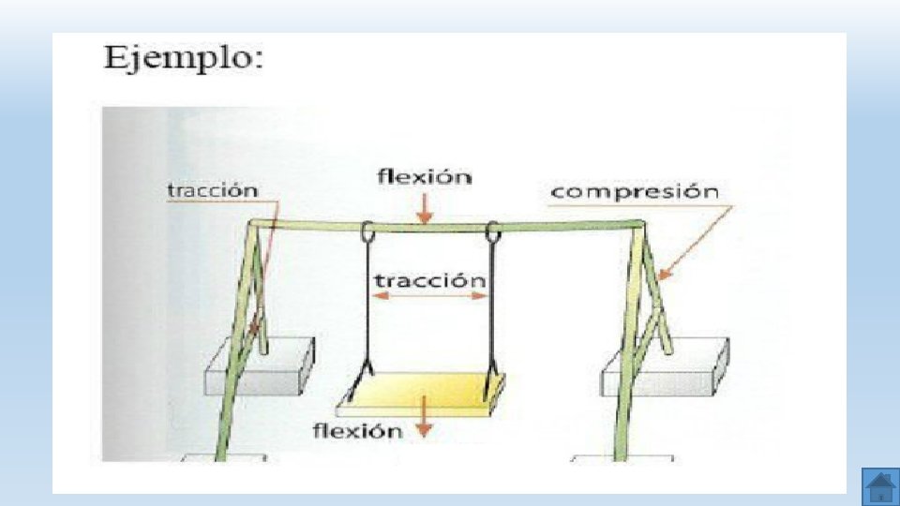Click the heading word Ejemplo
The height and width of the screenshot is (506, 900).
point(183,60)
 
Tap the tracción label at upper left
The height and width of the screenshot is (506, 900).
point(212,190)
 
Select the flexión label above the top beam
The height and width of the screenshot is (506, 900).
point(424,176)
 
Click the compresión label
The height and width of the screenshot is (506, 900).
point(635,192)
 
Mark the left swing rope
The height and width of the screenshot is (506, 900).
point(365,309)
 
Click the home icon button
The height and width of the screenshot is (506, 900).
point(879,487)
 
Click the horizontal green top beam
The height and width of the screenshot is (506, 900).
point(562,225)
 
